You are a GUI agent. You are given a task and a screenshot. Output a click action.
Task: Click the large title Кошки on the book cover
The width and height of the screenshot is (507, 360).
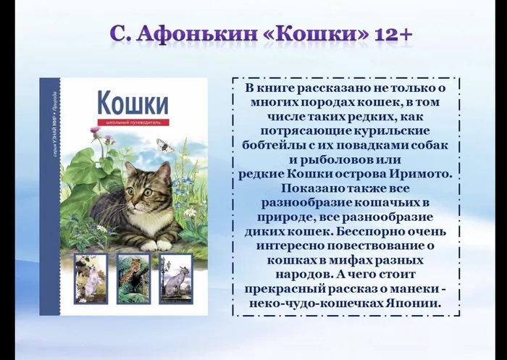(133, 102)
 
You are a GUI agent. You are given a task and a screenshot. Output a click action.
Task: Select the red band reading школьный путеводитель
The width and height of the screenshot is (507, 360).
(133, 122)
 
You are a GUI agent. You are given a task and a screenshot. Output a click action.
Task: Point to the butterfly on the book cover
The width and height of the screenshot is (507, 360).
(165, 145)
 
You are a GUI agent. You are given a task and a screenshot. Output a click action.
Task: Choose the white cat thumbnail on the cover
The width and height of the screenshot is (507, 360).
(91, 278)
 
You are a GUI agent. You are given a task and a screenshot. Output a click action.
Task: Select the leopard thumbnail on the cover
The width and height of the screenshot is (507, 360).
(134, 278)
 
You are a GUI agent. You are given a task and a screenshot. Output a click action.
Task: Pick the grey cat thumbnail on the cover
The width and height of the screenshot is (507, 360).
(176, 278)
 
